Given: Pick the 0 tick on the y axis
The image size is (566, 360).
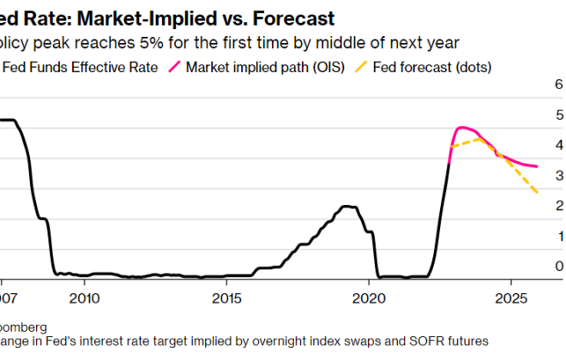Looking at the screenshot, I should [x=559, y=267].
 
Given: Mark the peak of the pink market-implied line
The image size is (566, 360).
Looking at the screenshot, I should [x=461, y=128].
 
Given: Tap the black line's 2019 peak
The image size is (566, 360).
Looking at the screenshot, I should [x=346, y=206].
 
